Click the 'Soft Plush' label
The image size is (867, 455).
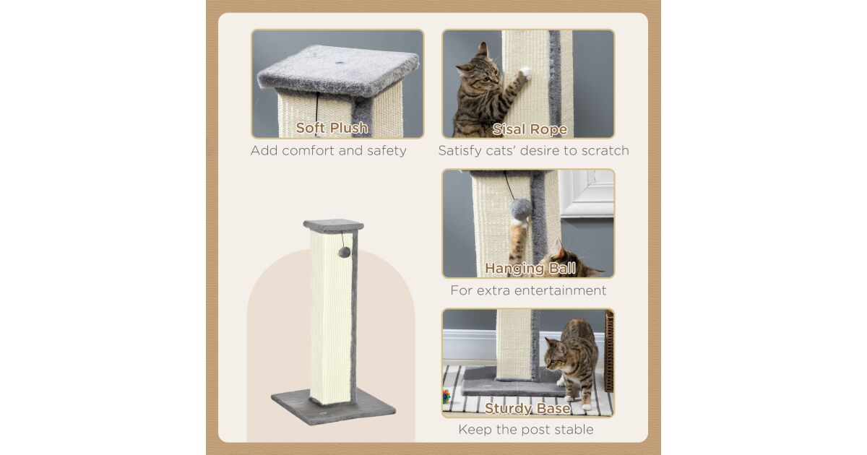pos(332,128)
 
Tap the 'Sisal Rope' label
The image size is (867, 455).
pos(530,129)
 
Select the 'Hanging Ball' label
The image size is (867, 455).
pos(530,268)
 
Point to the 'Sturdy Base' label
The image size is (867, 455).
pos(527,408)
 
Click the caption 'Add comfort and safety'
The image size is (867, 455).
pos(328,150)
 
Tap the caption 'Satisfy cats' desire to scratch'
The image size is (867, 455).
pos(533,150)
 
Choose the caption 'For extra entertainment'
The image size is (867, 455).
pos(528,290)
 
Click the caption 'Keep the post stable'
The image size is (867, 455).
pos(526,430)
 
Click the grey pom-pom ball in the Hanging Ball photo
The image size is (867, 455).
pos(521,209)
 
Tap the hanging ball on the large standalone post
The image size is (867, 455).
pos(345,252)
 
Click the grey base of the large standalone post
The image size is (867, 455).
pos(333,406)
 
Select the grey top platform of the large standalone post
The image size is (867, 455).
pos(333,226)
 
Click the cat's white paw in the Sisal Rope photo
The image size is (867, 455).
pos(525,72)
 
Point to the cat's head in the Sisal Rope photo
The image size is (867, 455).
pos(477,69)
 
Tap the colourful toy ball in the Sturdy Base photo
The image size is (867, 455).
pos(447,396)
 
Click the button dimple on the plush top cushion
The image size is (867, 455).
pos(340,63)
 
